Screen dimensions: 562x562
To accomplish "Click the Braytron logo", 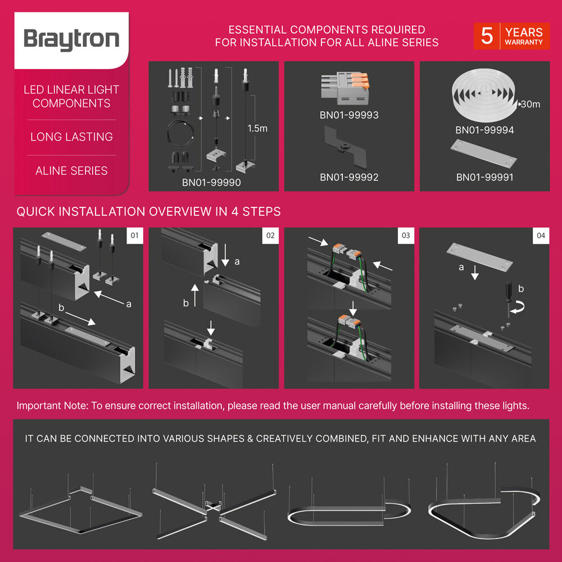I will [x=71, y=40].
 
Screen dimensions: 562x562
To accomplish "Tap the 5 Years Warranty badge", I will [x=511, y=36].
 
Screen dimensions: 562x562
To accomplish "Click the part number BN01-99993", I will [x=349, y=115].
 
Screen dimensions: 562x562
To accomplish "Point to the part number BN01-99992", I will [x=349, y=177].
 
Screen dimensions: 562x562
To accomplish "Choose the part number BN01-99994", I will [x=484, y=130].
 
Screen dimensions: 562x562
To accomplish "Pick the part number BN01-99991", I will [x=484, y=177].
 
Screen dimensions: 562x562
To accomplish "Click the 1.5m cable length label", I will [x=257, y=128].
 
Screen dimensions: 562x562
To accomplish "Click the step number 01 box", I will [x=135, y=235].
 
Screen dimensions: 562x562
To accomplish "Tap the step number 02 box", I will [x=270, y=235].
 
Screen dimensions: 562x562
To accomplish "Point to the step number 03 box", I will [x=406, y=235].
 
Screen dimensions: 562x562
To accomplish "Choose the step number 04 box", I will [x=541, y=235].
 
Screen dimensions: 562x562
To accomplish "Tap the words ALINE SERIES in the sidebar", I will [x=71, y=171].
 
